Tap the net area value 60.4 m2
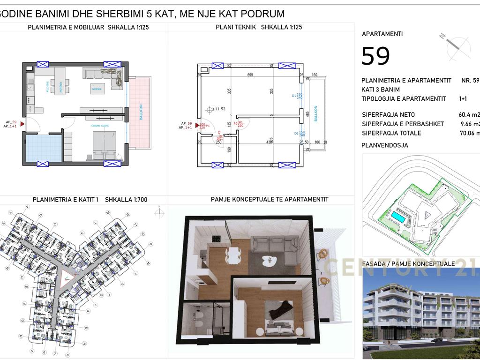469,115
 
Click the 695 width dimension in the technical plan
250,75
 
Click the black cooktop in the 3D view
217,239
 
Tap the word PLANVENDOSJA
385,145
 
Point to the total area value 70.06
469,133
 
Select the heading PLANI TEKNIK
236,27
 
